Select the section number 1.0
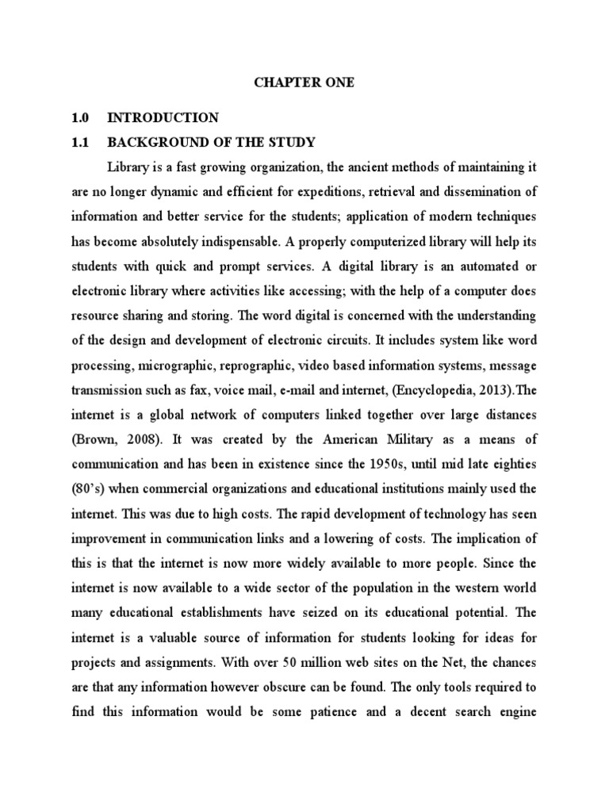80,118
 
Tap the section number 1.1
80,143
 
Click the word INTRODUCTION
163,118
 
